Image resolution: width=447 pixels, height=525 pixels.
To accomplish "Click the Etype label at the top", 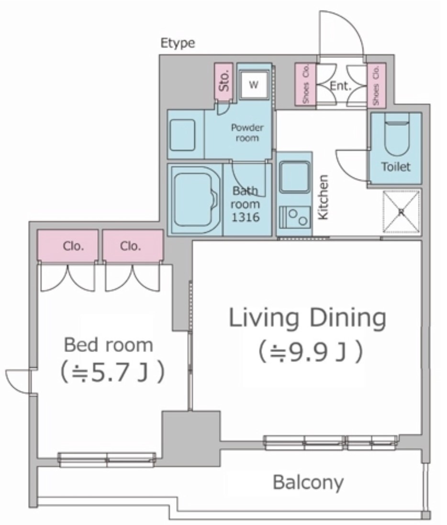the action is pyautogui.click(x=178, y=44).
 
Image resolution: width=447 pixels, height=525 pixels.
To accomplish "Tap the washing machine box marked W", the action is pyautogui.click(x=254, y=85).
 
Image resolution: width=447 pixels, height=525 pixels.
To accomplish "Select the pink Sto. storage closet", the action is pyautogui.click(x=224, y=80).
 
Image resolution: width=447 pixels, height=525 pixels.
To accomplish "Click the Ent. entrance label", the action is pyautogui.click(x=341, y=86).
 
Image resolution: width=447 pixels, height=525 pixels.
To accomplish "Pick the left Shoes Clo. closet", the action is pyautogui.click(x=305, y=84).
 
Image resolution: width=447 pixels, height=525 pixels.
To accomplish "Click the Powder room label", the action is pyautogui.click(x=247, y=133).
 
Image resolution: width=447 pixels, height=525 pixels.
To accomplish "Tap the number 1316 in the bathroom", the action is pyautogui.click(x=246, y=217).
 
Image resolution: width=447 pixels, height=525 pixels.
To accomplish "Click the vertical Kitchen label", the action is pyautogui.click(x=323, y=197).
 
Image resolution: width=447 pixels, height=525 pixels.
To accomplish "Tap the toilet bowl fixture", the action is pyautogui.click(x=397, y=134).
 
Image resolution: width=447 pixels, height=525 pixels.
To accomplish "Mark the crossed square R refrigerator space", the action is pyautogui.click(x=401, y=212).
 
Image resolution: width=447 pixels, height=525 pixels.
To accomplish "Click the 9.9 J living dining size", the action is pyautogui.click(x=310, y=352).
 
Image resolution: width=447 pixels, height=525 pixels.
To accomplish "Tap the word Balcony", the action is pyautogui.click(x=308, y=482).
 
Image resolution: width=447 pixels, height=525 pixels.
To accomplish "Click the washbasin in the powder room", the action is pyautogui.click(x=183, y=135).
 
